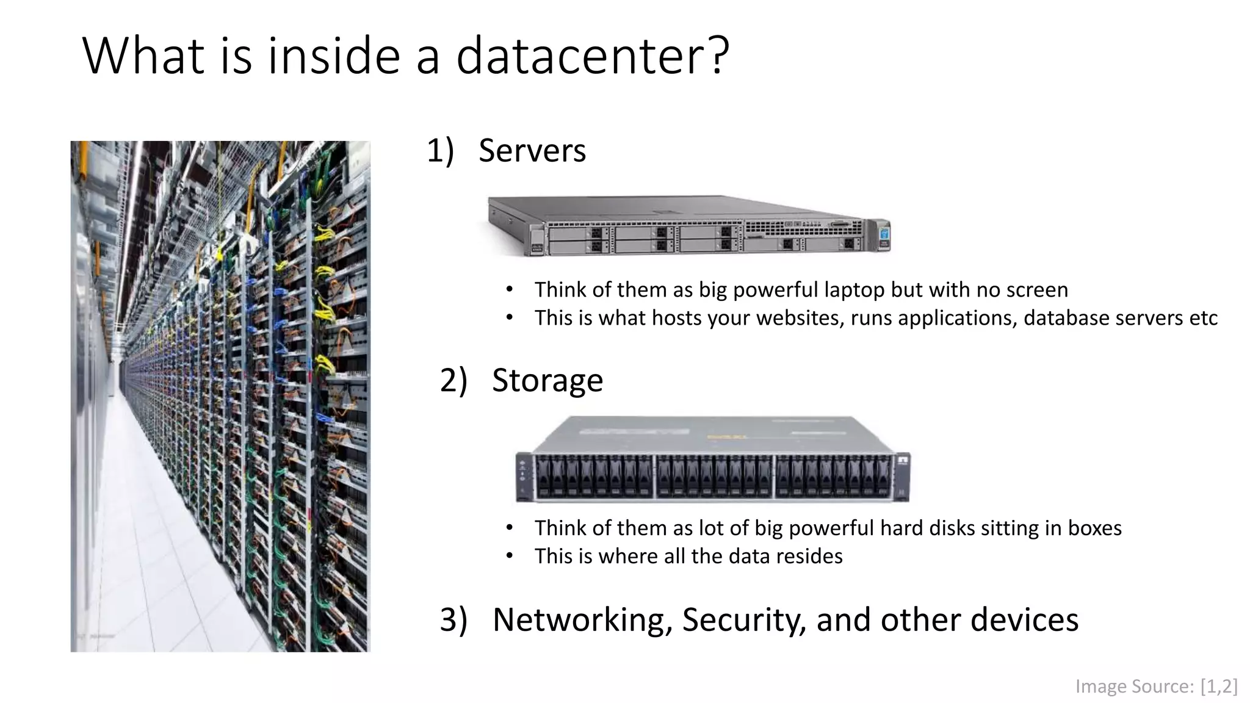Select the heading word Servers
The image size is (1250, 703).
(532, 151)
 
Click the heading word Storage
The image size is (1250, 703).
(547, 380)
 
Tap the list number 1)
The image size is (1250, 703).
(440, 151)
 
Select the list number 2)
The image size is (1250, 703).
(453, 380)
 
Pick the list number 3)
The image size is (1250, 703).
(453, 620)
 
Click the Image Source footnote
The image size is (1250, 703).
(1156, 687)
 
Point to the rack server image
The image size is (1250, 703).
(688, 226)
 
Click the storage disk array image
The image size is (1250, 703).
(712, 460)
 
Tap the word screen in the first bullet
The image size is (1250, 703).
(1037, 290)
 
